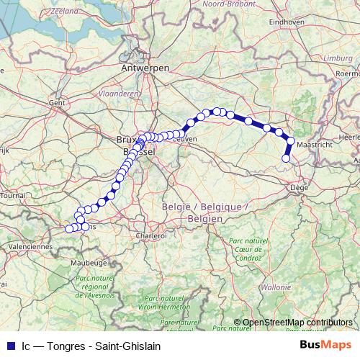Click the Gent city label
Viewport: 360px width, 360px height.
[56, 103]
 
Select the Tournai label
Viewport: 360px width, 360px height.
[13, 195]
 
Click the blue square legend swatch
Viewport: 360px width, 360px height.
[10, 345]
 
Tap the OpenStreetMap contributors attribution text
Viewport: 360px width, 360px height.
[297, 323]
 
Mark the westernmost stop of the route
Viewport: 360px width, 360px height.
[69, 229]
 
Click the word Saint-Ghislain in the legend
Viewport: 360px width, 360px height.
[135, 345]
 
